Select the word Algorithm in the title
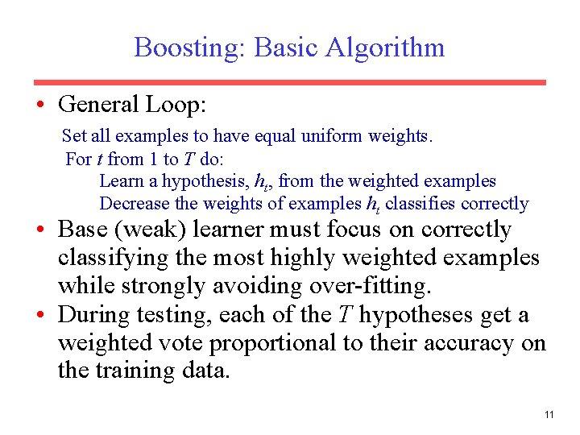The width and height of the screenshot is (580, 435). click(385, 47)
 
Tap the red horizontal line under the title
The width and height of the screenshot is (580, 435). click(289, 82)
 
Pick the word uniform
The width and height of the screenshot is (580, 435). click(333, 136)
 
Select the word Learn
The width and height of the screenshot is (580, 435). click(121, 181)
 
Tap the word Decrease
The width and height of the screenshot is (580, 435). click(133, 204)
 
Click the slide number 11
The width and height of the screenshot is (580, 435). click(549, 415)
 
